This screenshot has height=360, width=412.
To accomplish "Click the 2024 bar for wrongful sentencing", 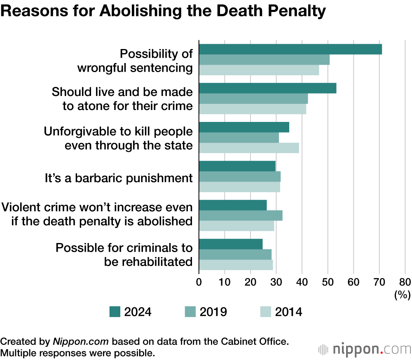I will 290,49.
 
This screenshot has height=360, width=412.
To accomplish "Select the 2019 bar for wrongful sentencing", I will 264,60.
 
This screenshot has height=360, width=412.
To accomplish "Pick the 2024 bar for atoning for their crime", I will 267,89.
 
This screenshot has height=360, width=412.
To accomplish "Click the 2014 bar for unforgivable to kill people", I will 249,148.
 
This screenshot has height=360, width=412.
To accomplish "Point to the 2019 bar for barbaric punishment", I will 240,177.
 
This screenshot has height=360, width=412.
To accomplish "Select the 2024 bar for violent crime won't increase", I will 233,205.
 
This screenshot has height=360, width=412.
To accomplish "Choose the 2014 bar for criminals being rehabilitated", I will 236,265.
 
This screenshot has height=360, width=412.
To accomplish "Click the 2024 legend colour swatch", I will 115,312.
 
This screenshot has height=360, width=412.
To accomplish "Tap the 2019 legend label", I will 213,312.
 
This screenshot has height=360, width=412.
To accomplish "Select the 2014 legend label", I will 288,312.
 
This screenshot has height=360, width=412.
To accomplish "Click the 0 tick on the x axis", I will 199,282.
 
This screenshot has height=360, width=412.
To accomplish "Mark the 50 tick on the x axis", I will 328,282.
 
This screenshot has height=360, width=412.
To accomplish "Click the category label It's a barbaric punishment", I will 119,178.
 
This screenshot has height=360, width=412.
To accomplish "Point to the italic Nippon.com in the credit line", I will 80,341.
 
